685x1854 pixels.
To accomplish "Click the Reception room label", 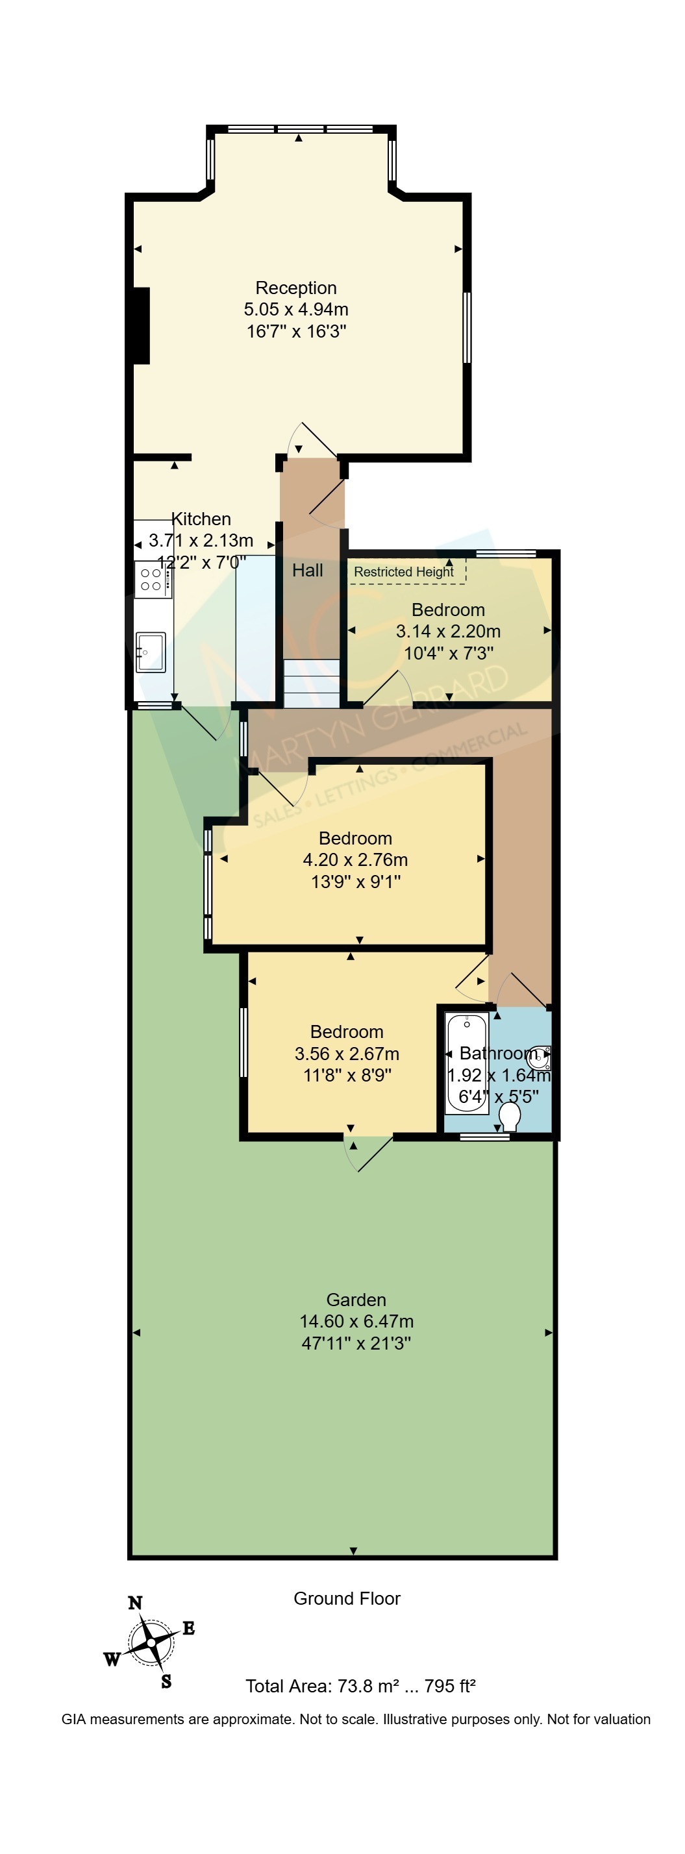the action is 295,288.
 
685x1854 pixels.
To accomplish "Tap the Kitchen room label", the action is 201,519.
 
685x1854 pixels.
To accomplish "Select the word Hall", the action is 307,570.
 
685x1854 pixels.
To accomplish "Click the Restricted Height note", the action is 404,571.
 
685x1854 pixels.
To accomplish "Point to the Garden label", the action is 356,1299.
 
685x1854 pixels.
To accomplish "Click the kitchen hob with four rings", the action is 153,579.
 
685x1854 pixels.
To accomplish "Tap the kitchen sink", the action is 151,652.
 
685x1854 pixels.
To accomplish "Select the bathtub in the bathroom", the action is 467,1063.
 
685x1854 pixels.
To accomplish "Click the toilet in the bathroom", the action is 510,1117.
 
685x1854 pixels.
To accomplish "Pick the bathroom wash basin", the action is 540,1058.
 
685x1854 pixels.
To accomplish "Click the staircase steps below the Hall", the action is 311,683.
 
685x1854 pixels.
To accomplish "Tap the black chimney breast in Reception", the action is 141,325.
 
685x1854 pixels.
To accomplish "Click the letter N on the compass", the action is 135,1603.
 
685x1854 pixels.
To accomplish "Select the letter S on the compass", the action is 166,1682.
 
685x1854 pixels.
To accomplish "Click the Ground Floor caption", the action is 347,1598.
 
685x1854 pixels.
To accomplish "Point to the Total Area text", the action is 360,1686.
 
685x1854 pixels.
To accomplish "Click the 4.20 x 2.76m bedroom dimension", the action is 355,859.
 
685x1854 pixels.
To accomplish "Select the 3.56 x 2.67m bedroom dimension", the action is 347,1053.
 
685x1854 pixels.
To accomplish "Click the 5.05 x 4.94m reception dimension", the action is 295,310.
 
